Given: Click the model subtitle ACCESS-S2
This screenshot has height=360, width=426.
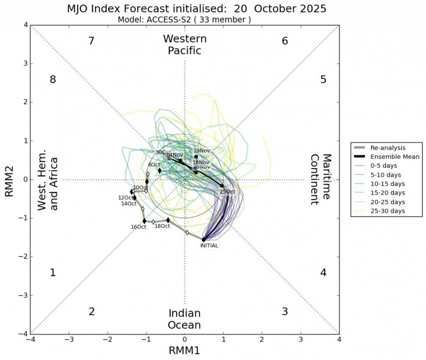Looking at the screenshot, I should pyautogui.click(x=185, y=19).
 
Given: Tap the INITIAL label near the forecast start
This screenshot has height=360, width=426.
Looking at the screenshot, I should pyautogui.click(x=209, y=245).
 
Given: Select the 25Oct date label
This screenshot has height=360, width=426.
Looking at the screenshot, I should pyautogui.click(x=227, y=192).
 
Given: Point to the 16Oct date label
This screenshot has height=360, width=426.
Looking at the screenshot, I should pyautogui.click(x=139, y=227).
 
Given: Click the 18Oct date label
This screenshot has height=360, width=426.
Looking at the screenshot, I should pyautogui.click(x=162, y=226).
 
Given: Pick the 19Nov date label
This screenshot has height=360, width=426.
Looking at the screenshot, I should pyautogui.click(x=202, y=151).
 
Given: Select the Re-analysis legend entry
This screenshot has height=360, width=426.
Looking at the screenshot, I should pyautogui.click(x=389, y=148).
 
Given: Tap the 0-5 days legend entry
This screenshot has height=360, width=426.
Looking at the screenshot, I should pyautogui.click(x=384, y=166).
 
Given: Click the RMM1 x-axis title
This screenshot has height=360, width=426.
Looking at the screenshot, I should pyautogui.click(x=185, y=351).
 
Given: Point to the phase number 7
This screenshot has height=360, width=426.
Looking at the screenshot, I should pyautogui.click(x=92, y=41).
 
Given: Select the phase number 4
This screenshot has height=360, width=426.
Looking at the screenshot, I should pyautogui.click(x=323, y=273).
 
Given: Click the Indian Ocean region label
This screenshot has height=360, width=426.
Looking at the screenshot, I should pyautogui.click(x=185, y=319).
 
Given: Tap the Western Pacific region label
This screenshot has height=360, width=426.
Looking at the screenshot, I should pyautogui.click(x=185, y=45).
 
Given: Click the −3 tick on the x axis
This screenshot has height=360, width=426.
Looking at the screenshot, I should pyautogui.click(x=69, y=340).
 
